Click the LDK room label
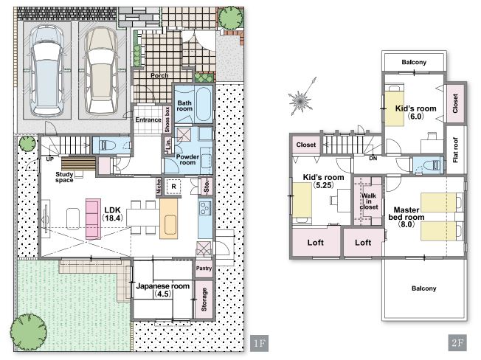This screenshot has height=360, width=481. (x=113, y=214)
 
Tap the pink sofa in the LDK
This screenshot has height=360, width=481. (x=93, y=218)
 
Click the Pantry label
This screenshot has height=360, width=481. (x=204, y=269)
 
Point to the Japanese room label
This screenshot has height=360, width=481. (x=162, y=290)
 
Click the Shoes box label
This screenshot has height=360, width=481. (x=167, y=120)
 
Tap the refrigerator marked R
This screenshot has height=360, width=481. (x=173, y=187)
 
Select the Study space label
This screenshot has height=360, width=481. (x=64, y=177)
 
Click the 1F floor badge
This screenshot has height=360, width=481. (x=260, y=343)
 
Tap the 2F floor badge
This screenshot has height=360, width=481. (x=457, y=343)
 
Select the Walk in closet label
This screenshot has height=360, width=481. (x=369, y=201)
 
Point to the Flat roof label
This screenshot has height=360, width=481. (x=455, y=150)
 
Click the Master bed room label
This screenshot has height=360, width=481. (x=406, y=217)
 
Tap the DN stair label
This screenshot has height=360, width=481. (x=373, y=159)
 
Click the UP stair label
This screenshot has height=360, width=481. (x=49, y=159)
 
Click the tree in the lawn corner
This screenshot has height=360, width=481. (x=29, y=332)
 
